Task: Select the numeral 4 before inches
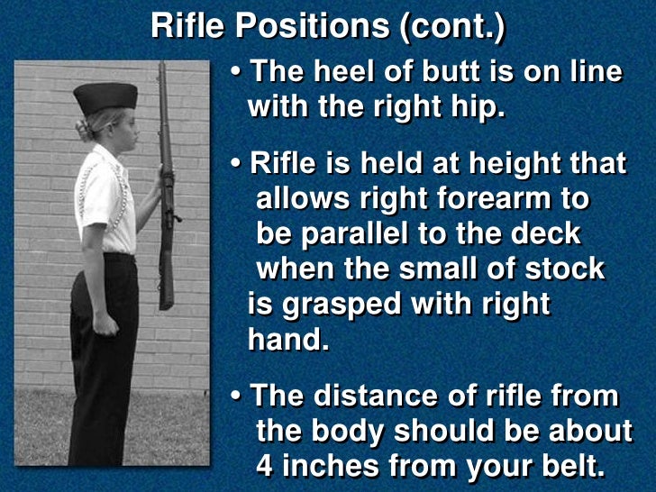[x=264, y=466]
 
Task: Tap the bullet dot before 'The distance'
[x=236, y=397]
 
